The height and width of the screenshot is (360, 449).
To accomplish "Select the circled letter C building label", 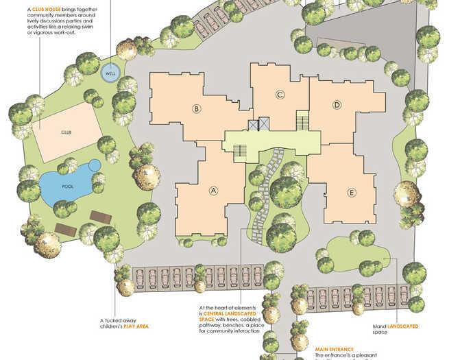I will [280, 95].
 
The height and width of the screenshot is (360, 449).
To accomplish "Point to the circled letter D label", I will [337, 105].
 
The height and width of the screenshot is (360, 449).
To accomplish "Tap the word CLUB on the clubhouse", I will [66, 132].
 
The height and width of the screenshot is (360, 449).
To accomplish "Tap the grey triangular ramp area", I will [384, 38].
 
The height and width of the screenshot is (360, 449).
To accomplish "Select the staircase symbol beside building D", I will [301, 122].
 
